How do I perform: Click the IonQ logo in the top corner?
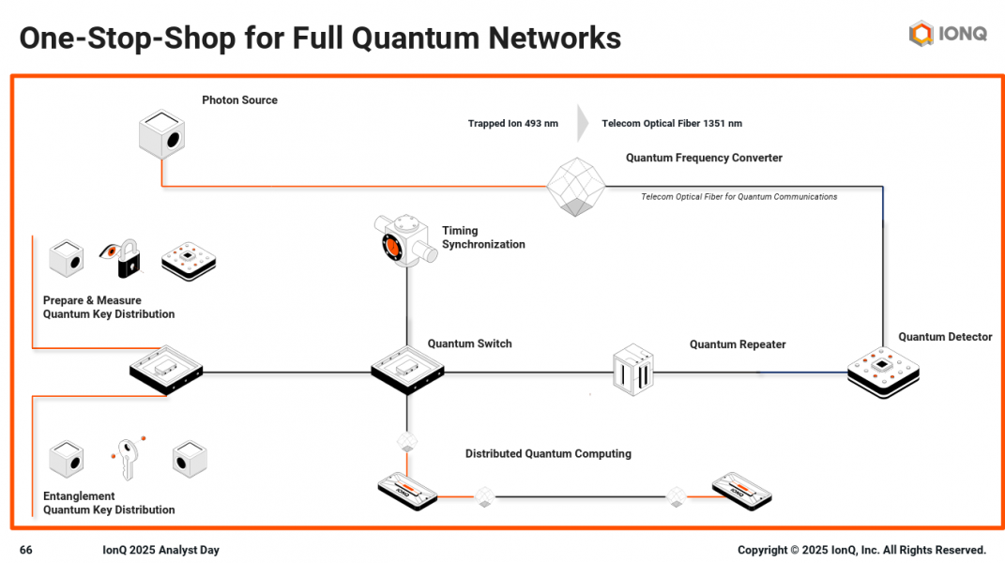tap(948, 34)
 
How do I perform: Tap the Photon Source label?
tap(239, 100)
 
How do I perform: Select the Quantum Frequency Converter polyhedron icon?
tap(576, 186)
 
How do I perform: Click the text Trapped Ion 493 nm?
tap(512, 124)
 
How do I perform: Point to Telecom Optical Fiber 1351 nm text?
tap(672, 124)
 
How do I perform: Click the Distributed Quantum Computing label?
tap(548, 454)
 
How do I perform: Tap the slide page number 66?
tap(26, 550)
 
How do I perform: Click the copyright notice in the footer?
tap(861, 550)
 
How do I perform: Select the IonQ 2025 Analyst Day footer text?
tap(160, 550)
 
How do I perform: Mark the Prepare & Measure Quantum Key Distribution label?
tap(109, 308)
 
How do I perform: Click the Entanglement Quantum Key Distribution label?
tap(109, 503)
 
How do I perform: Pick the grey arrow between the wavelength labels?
tap(583, 124)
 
